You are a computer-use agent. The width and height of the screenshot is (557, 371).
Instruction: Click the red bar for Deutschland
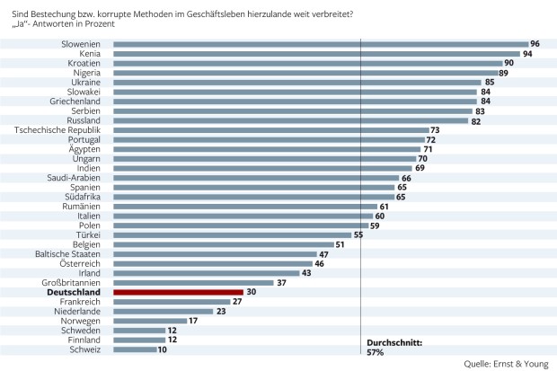179,291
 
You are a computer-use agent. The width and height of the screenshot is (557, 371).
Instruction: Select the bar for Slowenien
321,44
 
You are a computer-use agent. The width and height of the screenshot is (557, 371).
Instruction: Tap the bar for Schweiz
134,349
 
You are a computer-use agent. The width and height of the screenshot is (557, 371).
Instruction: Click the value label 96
535,44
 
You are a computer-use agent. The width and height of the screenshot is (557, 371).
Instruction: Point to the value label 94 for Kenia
528,54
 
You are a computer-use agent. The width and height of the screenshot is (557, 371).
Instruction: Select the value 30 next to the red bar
251,291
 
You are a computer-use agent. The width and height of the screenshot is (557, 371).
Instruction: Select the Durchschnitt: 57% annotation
393,348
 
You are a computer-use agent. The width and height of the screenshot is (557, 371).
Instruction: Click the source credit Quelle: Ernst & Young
508,364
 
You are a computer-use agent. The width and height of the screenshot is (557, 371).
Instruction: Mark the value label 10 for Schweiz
161,349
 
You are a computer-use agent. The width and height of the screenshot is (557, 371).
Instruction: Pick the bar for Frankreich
172,301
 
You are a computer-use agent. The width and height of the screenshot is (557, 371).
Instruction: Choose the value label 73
435,130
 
